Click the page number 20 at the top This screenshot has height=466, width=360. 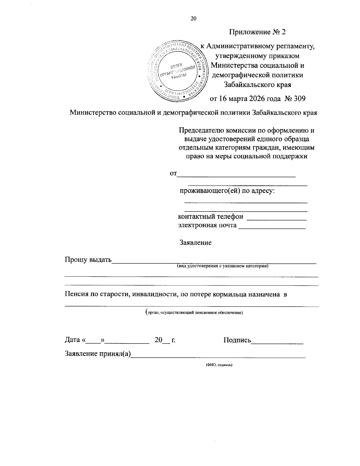coord(193,19)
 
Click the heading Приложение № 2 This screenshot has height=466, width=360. coord(257,32)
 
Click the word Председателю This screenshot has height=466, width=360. coord(199,131)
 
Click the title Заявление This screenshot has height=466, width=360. coord(195,242)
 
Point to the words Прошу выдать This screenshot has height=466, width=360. coord(88,260)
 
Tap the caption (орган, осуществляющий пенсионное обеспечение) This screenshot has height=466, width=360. coord(194,312)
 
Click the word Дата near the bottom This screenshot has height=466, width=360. coord(73,340)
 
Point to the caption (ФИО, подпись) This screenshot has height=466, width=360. coord(219,365)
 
